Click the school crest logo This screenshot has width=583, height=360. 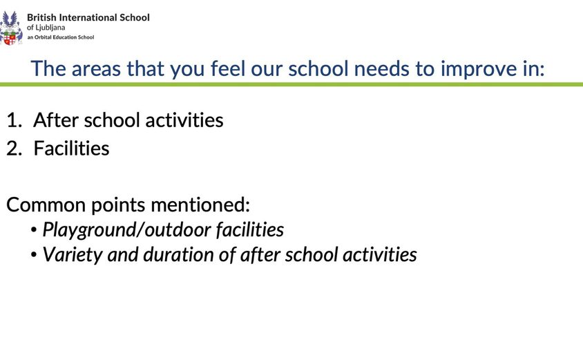tap(11, 28)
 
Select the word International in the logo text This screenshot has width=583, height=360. tap(87, 17)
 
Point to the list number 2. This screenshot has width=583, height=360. tap(13, 149)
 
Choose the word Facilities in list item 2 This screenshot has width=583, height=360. tap(71, 149)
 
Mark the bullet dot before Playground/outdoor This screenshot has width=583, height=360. tap(34, 231)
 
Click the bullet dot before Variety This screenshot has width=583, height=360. tap(34, 256)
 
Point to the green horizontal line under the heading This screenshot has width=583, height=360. tap(291, 84)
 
